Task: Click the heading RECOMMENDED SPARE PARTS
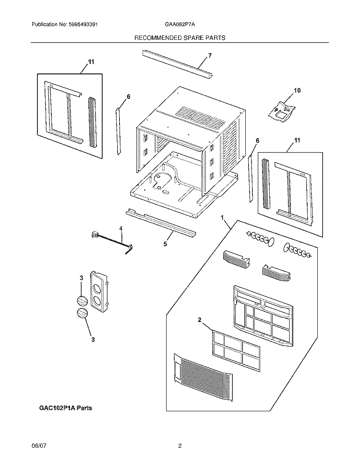click(x=180, y=38)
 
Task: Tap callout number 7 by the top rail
click(x=210, y=55)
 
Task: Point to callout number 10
click(x=297, y=90)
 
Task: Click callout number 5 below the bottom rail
click(x=165, y=244)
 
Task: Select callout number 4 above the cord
click(x=120, y=228)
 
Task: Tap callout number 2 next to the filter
click(x=200, y=320)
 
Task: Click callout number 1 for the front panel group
click(x=222, y=218)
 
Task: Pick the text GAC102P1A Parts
click(x=66, y=408)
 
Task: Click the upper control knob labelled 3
click(x=82, y=301)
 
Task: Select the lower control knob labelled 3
click(x=83, y=313)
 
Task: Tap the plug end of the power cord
click(x=95, y=235)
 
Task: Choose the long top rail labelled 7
click(x=177, y=64)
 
